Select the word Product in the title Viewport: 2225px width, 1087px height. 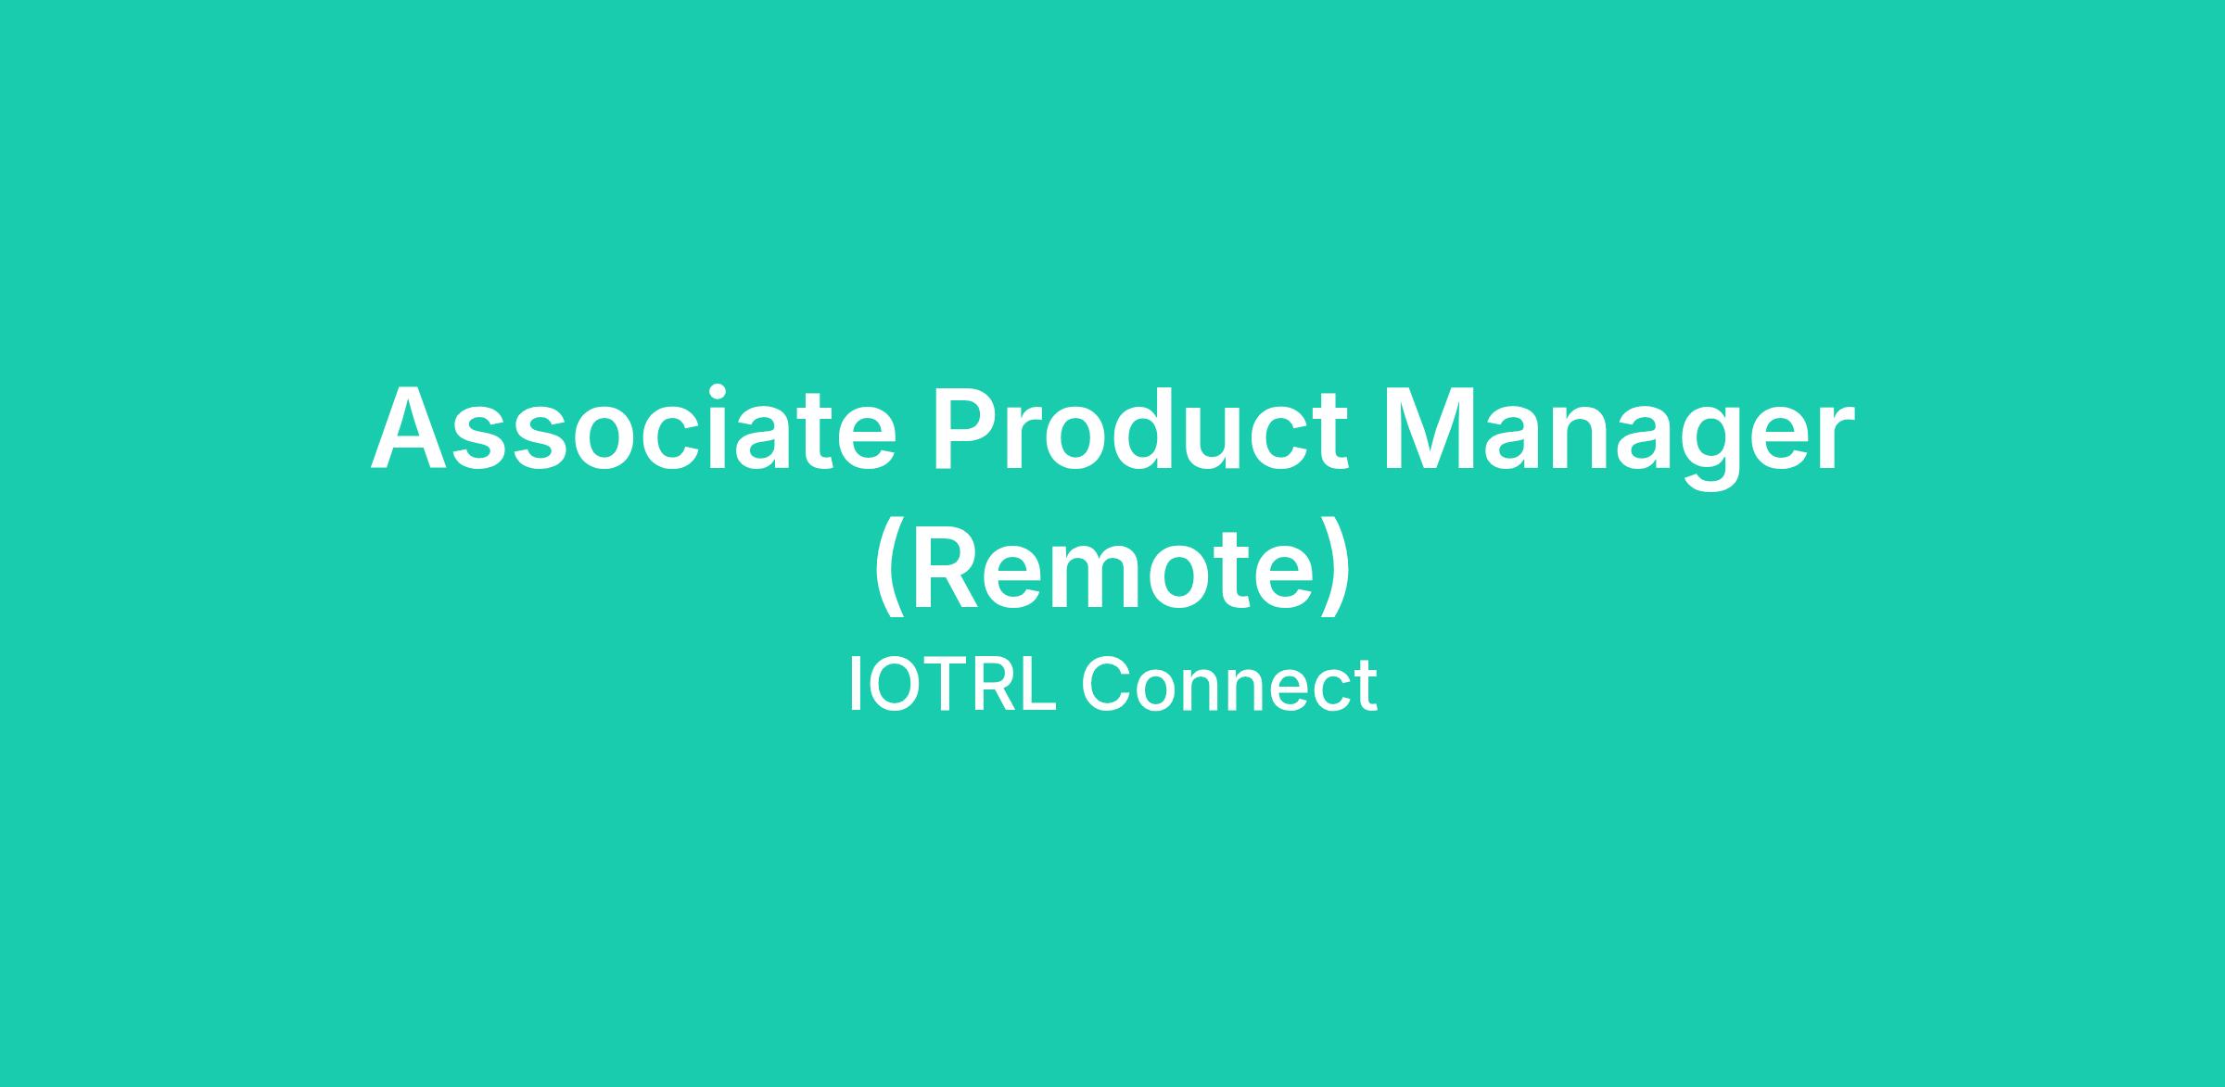point(1141,428)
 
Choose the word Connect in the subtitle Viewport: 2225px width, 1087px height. point(1229,685)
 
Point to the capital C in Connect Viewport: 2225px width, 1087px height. point(1107,685)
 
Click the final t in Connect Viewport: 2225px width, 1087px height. point(1366,689)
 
